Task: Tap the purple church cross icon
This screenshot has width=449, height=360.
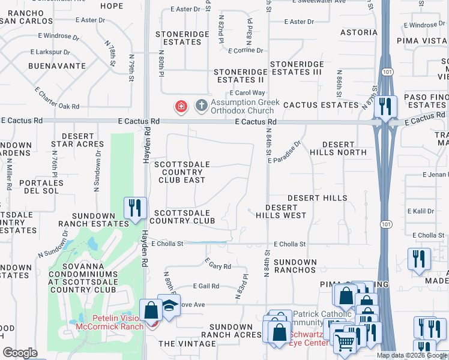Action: [201, 107]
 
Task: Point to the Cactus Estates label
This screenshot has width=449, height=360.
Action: [321, 105]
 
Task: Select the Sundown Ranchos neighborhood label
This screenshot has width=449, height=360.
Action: [295, 266]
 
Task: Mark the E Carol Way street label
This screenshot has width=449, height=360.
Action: [247, 93]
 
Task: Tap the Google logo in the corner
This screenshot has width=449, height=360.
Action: [20, 353]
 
